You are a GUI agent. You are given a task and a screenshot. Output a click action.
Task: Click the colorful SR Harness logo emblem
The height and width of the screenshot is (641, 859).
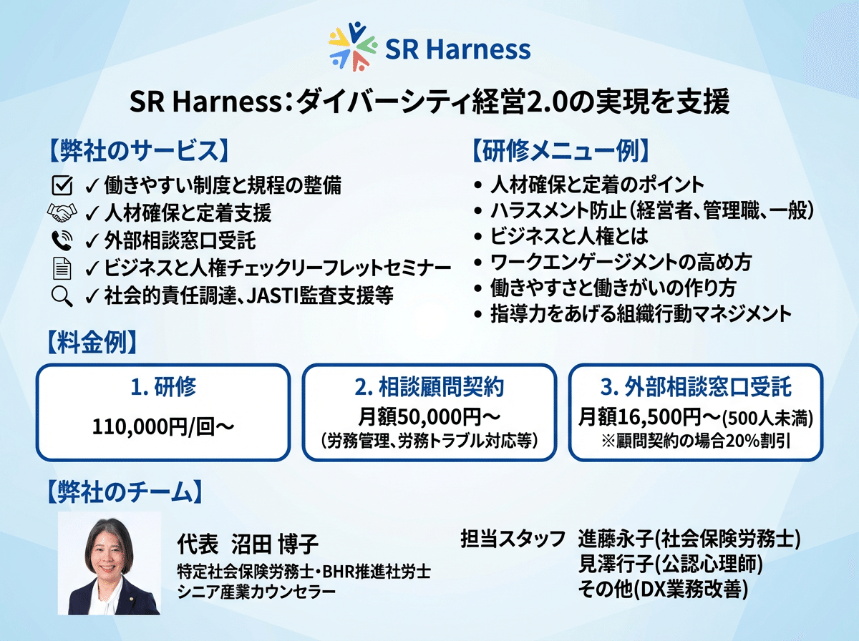point(353,47)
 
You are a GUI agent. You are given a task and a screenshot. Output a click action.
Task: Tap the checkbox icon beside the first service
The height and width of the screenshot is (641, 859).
point(62,185)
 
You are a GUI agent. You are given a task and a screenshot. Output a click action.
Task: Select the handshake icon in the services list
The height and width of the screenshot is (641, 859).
point(62,212)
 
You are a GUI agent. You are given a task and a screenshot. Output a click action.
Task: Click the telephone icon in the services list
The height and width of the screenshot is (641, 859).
point(62,240)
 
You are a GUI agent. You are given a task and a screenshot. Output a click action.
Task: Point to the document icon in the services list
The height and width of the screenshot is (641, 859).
point(62,268)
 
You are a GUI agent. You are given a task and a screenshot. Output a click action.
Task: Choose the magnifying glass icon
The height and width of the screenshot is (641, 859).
point(62,296)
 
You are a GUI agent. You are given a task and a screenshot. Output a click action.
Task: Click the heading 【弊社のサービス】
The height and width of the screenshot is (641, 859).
point(139,151)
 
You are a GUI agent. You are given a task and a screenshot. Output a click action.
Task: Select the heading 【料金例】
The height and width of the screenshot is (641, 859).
point(92,342)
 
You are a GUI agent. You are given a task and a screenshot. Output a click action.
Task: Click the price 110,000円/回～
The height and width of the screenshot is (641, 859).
point(163,426)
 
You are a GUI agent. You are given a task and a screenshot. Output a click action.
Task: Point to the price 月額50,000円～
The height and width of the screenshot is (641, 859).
point(429,416)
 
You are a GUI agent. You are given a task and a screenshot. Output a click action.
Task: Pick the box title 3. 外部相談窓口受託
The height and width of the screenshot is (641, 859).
point(696,387)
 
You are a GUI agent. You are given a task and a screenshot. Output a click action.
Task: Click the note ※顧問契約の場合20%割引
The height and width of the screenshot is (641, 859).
point(696,441)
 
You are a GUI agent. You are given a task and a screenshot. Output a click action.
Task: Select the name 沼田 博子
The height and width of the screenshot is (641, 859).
point(275,544)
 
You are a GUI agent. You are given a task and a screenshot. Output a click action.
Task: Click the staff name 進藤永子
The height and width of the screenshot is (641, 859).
point(617,539)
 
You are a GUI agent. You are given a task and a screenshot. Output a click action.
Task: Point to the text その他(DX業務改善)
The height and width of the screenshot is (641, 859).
point(663,589)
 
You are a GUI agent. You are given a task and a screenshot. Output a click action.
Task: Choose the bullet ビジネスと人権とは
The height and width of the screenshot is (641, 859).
point(569,236)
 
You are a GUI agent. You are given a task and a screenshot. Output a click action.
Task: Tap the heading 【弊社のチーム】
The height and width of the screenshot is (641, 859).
point(125,491)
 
